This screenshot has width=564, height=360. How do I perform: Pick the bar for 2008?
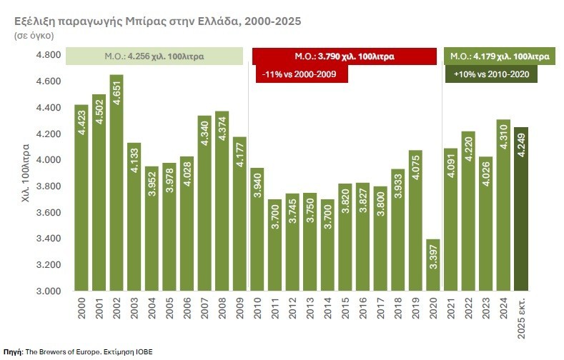[222, 201]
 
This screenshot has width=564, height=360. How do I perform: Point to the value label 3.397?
[432, 263]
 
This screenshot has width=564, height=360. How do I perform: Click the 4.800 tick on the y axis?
[48, 55]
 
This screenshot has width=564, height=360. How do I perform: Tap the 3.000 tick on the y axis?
[48, 291]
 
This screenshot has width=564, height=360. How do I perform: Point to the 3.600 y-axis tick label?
[48, 213]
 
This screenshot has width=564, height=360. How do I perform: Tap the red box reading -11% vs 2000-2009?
[301, 74]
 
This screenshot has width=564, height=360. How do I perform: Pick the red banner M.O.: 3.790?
[344, 56]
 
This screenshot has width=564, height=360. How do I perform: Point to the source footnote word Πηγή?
[13, 352]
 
